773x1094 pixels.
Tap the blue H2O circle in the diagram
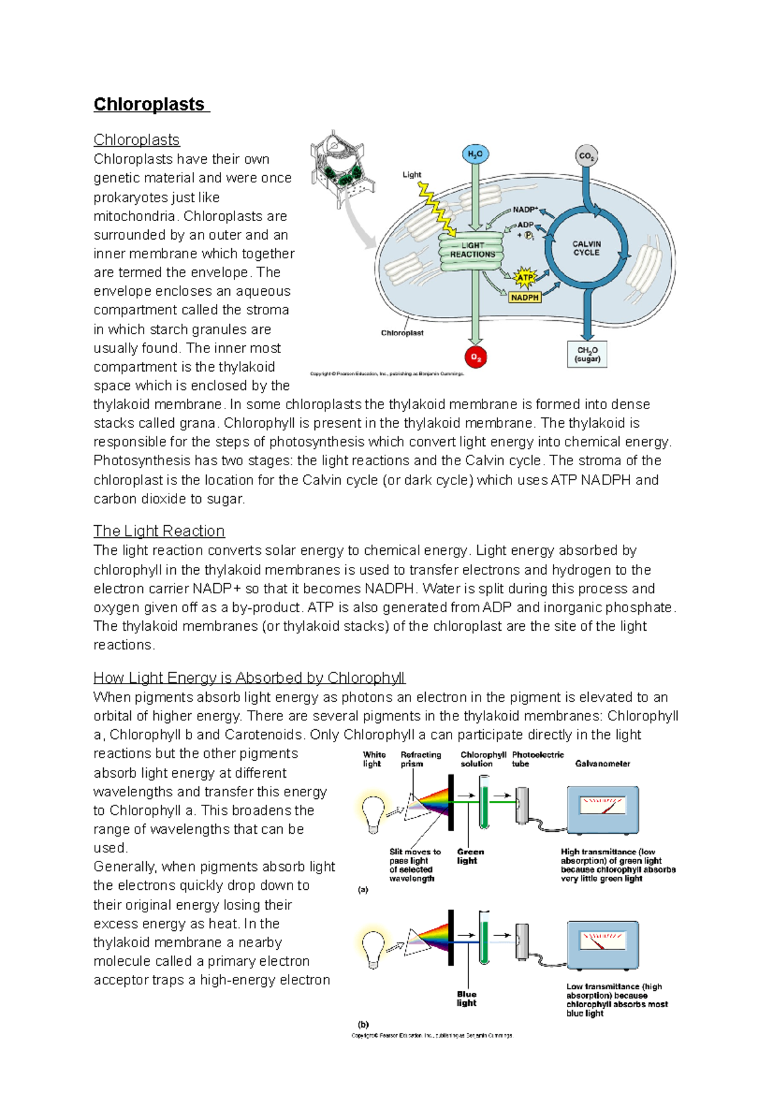(475, 155)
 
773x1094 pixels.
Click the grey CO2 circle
(586, 156)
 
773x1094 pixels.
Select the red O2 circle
(475, 357)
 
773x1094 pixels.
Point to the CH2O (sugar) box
(587, 354)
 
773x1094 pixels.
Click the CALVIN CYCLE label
(586, 248)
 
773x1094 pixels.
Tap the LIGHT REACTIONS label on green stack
(472, 250)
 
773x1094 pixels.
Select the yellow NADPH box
(524, 298)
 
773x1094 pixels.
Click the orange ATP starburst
(526, 278)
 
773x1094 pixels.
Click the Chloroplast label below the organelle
(402, 333)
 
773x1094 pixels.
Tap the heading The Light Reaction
(159, 531)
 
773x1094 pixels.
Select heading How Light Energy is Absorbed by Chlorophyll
(249, 678)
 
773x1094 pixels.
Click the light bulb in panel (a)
(374, 813)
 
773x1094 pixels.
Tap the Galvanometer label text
(602, 763)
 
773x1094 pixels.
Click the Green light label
(470, 856)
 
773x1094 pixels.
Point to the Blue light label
(466, 999)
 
